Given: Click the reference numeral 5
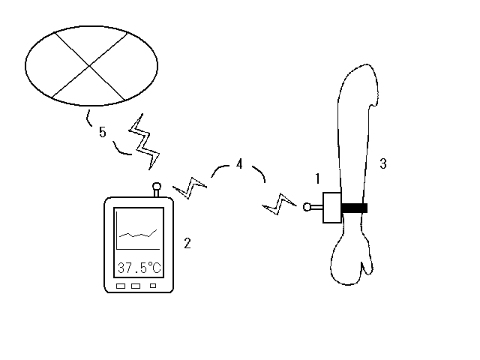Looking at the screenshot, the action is (102, 132).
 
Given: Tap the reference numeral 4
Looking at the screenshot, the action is (239, 163).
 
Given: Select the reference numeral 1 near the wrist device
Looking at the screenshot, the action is (318, 178).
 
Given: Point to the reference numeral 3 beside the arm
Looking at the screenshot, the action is (383, 163).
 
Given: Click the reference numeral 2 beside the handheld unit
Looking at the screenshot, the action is (187, 243).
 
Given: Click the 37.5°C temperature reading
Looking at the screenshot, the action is (139, 268).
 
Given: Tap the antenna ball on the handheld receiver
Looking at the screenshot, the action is (157, 186).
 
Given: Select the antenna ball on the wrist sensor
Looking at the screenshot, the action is (307, 207).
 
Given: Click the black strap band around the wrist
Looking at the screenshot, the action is (354, 208).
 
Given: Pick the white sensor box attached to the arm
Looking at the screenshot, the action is (332, 208).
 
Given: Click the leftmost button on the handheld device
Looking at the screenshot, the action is (121, 286).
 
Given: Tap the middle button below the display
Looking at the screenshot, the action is (136, 286).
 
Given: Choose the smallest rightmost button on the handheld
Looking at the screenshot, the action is (153, 286).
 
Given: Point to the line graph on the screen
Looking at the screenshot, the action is (138, 235).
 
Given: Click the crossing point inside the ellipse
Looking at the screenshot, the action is (89, 65).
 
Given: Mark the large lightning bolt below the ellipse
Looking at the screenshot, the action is (145, 142).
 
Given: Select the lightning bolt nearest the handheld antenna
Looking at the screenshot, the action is (190, 187).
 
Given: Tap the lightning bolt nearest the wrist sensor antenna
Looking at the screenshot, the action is (279, 204).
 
